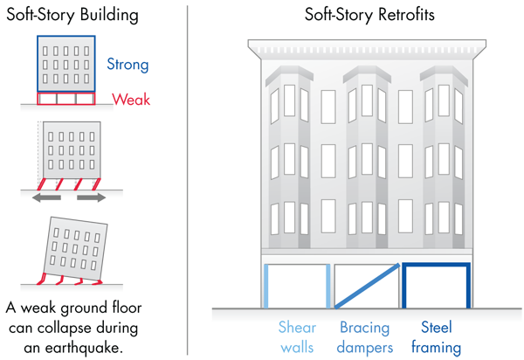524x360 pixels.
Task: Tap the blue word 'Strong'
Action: pos(128,64)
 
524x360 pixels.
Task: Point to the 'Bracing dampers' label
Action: pos(365,337)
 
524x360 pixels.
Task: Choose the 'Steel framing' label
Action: pos(437,337)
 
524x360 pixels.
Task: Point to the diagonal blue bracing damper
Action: pos(366,286)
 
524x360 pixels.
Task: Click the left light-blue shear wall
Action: pos(265,286)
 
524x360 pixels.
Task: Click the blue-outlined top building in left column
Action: pos(66,64)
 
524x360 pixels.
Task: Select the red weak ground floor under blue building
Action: pos(66,99)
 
